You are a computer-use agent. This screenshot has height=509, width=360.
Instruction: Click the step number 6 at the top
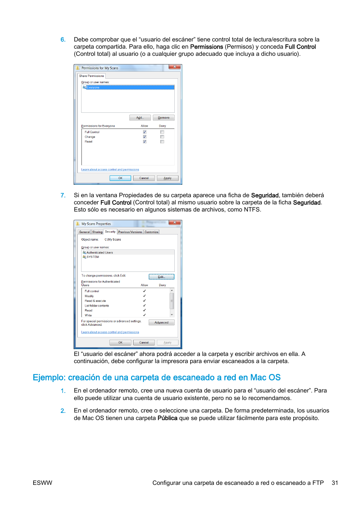[x=63, y=40]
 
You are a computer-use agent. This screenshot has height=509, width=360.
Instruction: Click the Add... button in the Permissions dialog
[x=140, y=118]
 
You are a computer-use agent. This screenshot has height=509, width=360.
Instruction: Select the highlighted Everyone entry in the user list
[x=93, y=87]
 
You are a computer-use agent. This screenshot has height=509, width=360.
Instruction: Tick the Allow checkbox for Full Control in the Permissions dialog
[x=145, y=132]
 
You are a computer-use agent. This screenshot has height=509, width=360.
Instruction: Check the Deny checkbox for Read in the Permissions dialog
[x=162, y=142]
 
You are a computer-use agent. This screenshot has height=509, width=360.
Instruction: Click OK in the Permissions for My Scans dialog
[x=120, y=178]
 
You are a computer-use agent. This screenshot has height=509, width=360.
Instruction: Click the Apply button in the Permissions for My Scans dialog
[x=168, y=178]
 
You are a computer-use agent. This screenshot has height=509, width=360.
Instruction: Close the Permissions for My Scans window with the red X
[x=174, y=67]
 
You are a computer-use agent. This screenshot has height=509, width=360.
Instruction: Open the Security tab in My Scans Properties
[x=110, y=232]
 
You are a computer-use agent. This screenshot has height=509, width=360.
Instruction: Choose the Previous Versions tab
[x=130, y=232]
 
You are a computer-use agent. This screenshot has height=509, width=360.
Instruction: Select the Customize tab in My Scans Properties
[x=151, y=232]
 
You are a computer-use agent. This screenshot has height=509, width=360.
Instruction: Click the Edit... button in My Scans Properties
[x=162, y=277]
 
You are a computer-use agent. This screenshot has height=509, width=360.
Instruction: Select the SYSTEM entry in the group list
[x=92, y=257]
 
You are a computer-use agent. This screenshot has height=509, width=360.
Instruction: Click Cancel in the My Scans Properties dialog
[x=144, y=342]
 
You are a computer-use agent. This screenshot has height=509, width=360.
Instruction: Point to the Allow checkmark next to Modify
[x=144, y=296]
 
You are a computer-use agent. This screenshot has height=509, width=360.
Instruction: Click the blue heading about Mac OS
[x=157, y=377]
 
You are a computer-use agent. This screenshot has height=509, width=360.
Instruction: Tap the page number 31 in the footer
[x=335, y=483]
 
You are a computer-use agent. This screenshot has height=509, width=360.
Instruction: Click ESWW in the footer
[x=42, y=483]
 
